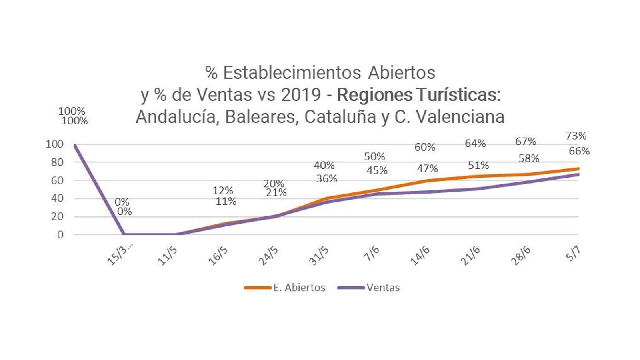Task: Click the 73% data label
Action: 576,136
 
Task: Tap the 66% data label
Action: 579,151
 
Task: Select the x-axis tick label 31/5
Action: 319,256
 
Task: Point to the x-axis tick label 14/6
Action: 420,256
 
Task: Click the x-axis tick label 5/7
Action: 573,254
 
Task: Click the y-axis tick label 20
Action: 57,216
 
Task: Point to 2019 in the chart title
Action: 301,95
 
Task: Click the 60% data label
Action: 425,147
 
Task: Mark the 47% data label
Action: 427,169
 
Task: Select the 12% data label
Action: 223,191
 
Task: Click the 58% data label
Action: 529,159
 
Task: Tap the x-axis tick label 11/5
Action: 168,256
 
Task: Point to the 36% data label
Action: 326,179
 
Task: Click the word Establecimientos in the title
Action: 292,73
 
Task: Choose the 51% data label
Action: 478,166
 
